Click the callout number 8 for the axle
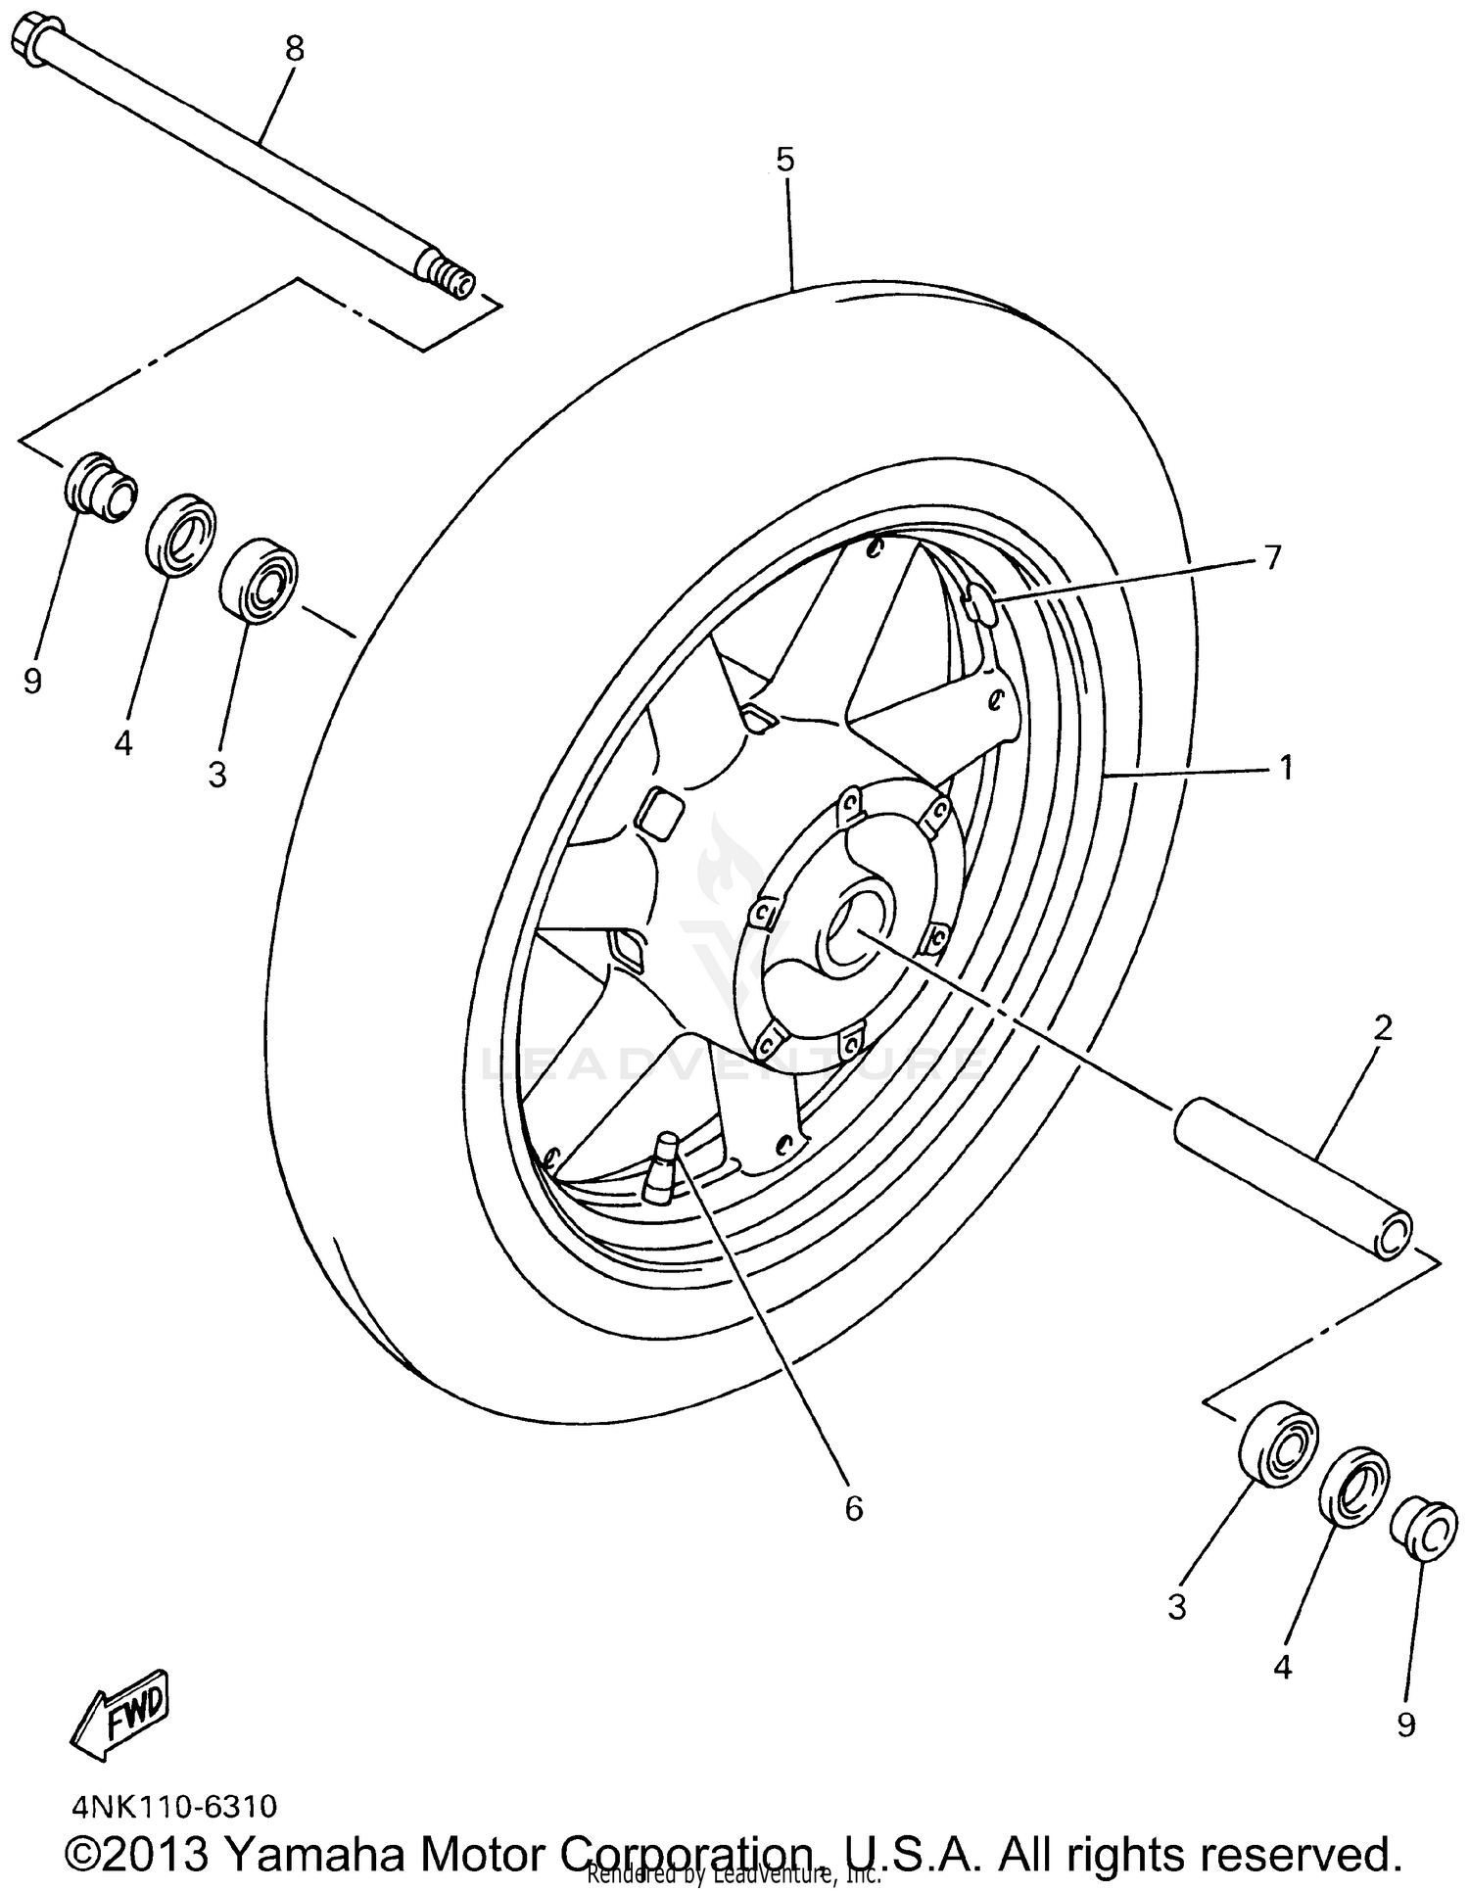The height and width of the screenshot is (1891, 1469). (295, 48)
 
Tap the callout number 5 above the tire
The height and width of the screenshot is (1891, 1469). (785, 160)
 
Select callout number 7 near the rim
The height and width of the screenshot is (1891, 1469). (1271, 557)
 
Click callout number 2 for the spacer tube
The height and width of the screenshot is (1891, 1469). (1382, 1028)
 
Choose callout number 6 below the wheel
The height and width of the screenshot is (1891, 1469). (853, 1509)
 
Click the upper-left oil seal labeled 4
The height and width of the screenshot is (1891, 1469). (182, 535)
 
